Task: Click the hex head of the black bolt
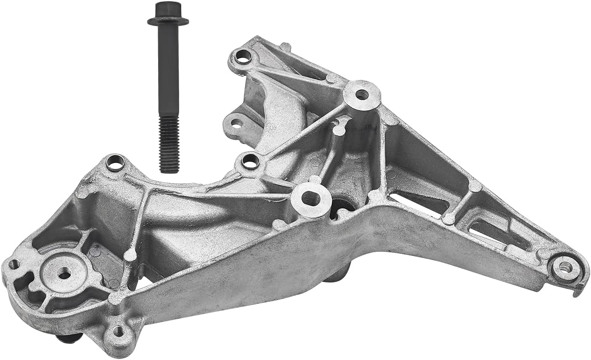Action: point(167,10)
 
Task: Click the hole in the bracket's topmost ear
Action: point(242,56)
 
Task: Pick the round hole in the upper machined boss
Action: point(362,94)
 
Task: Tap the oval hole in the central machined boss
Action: point(311,198)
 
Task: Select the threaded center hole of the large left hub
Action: point(64,275)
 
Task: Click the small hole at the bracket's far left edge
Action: point(14,264)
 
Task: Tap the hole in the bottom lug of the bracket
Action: point(119,332)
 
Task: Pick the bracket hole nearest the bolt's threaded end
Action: point(115,162)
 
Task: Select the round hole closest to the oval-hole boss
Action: point(250,161)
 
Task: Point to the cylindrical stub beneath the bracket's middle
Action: point(338,275)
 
